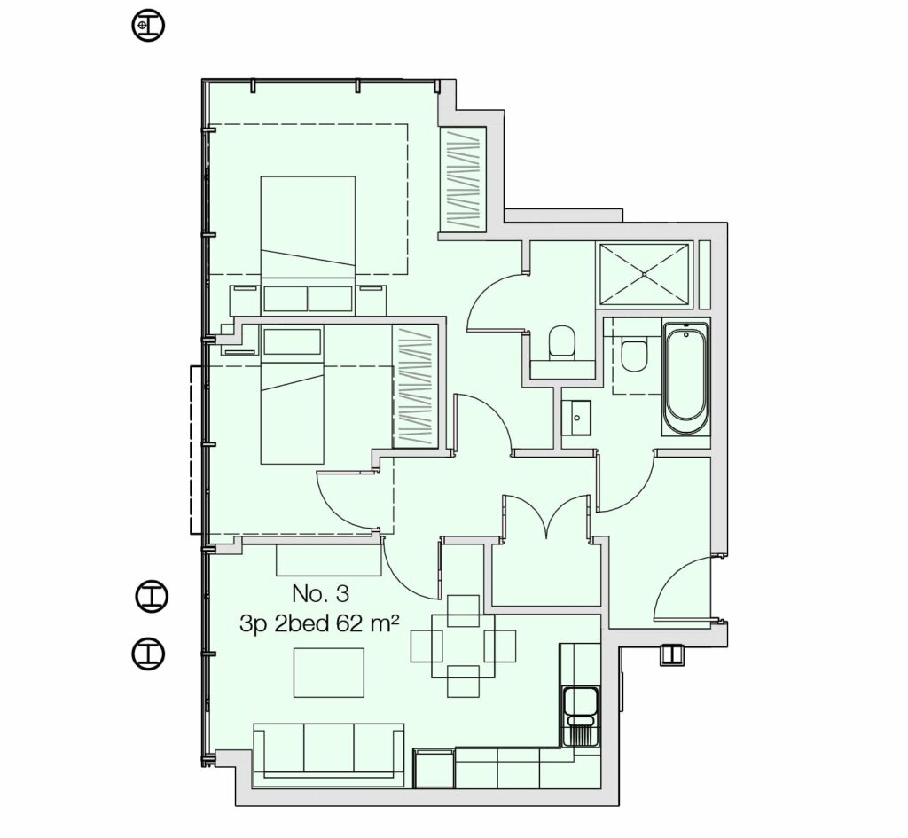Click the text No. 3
tap(319, 593)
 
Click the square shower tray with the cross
tap(643, 274)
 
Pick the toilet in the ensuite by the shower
tap(561, 341)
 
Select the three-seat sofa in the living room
tap(328, 752)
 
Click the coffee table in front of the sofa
tap(328, 672)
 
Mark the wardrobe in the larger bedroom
tap(463, 180)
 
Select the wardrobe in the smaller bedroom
tap(415, 386)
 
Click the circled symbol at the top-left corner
tap(148, 26)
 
